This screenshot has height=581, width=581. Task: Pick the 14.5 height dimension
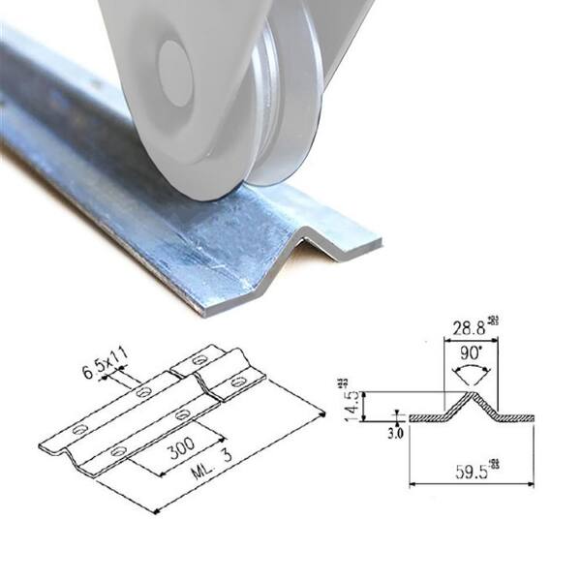click(x=352, y=400)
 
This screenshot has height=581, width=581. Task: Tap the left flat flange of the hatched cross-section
click(x=426, y=417)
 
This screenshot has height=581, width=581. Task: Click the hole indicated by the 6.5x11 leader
click(x=143, y=392)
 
